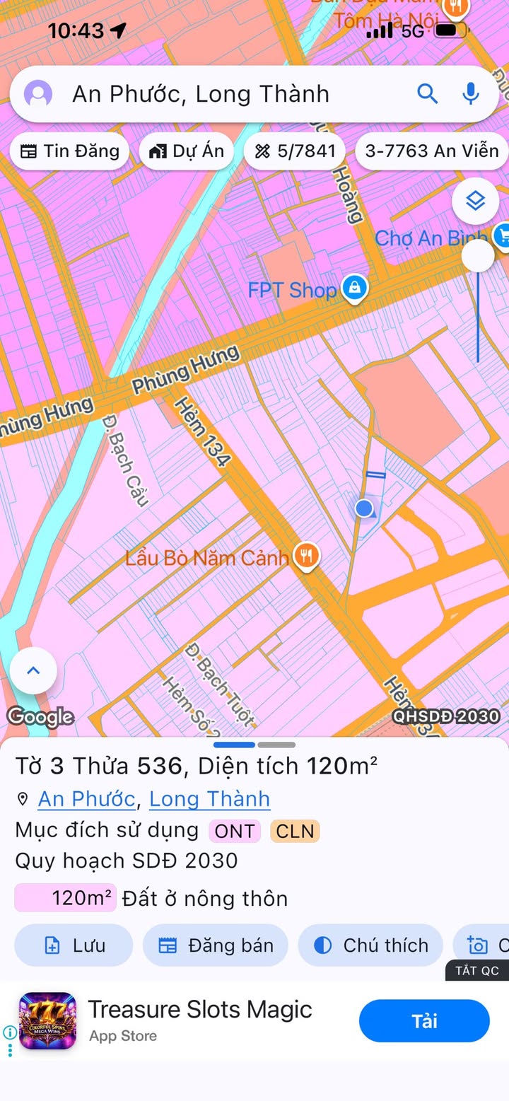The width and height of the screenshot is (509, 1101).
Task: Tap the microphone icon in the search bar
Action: coord(471,93)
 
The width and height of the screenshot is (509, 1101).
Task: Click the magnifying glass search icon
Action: coord(427,93)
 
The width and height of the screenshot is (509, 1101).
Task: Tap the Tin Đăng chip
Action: coord(69,151)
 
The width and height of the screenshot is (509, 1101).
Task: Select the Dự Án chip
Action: coord(187,151)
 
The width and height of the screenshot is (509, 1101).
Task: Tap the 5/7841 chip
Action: coord(295,151)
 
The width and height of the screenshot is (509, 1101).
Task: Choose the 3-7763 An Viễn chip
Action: coord(431,151)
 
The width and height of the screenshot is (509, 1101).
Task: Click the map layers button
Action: coord(476,202)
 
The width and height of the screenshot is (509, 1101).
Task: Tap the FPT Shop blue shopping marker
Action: coord(354,288)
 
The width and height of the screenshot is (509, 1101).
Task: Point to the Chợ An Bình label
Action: coord(430,238)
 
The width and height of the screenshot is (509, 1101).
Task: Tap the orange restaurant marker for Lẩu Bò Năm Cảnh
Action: coord(307,557)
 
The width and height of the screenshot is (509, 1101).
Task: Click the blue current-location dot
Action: coord(364,508)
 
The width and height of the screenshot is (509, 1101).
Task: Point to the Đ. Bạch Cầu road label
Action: coord(125,460)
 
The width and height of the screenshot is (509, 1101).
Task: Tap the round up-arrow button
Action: coord(33,670)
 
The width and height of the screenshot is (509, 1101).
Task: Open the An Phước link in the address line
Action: coord(86,799)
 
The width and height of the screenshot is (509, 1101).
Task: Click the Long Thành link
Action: coord(209,799)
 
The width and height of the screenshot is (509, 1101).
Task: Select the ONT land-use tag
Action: coord(235,831)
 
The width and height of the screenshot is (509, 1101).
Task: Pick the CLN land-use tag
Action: coord(295,831)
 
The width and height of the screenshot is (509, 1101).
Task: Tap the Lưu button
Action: coord(74,945)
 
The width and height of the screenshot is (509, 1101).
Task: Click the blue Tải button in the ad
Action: coord(424,1021)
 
